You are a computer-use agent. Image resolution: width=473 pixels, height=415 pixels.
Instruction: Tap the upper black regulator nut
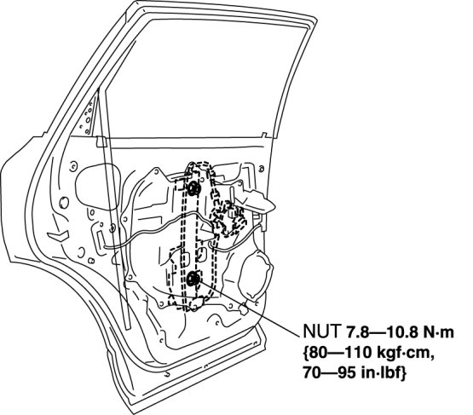[193, 188]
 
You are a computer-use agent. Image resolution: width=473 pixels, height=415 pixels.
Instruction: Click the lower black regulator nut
[193, 280]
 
